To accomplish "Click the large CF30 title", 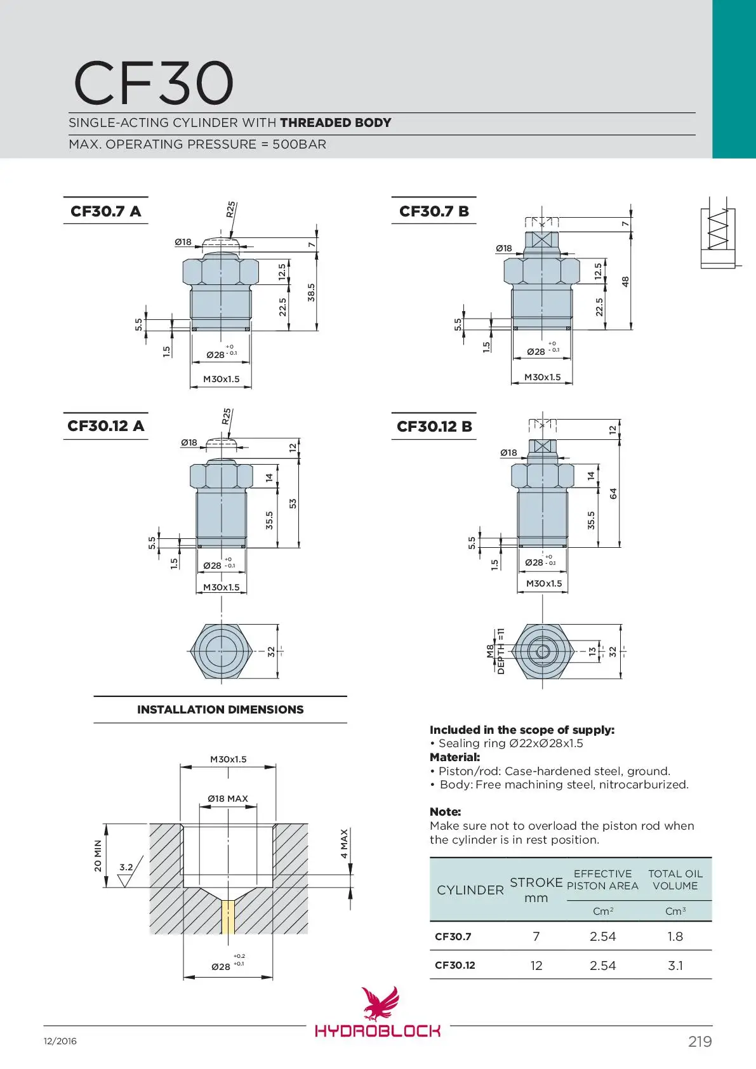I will point(154,83).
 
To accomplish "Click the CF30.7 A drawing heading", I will point(105,211).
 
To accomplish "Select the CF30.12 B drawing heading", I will point(434,427).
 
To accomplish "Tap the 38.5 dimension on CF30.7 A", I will point(311,292).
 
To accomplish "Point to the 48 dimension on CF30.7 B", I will point(625,281).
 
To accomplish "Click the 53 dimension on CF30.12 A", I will point(293,503).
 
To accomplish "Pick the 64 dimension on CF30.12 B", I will point(613,493).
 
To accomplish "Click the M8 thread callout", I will point(490,651).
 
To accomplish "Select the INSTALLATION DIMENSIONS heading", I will point(220,710).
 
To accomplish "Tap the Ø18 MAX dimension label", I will point(228,799).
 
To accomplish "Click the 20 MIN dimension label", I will point(98,856).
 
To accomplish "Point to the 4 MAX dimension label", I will point(344,843).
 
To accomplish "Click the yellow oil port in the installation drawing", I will point(228,917).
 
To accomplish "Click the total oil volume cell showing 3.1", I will point(675,966).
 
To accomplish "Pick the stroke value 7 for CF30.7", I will point(536,936).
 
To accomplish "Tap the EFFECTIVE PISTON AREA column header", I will point(602,880).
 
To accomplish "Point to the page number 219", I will point(700,1041).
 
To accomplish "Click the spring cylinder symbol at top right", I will point(718,237).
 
